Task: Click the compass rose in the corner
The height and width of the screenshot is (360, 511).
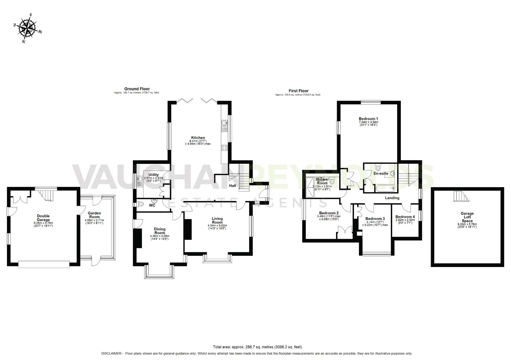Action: point(27,28)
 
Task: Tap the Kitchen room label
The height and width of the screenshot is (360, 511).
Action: point(198,138)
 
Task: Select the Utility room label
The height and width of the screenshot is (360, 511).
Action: point(153,175)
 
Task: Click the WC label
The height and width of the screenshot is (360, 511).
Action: point(152,205)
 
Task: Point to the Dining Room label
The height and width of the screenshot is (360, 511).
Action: point(160,231)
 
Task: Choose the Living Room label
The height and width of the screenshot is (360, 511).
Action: point(217,221)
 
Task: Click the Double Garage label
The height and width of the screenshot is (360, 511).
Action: point(43,218)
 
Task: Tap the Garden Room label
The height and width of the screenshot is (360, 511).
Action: point(94,215)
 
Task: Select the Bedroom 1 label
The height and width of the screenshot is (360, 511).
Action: point(368,119)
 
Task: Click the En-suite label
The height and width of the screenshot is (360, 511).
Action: point(381,173)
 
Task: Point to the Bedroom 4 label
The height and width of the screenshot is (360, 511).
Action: point(405,216)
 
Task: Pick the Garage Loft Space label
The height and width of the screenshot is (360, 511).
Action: point(467,217)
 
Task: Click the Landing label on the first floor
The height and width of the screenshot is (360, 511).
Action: point(392,198)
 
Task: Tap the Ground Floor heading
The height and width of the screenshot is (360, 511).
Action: point(137,89)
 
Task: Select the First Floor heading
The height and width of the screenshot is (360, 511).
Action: point(299,91)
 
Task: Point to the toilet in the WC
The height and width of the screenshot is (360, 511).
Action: point(140,204)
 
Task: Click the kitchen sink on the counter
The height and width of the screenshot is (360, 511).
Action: point(224,124)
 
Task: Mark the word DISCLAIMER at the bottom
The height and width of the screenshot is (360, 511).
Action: point(112,353)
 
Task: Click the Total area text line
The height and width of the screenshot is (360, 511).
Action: point(257,347)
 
